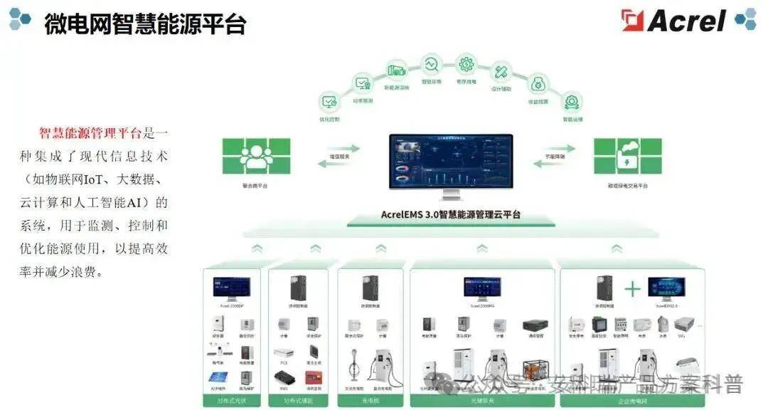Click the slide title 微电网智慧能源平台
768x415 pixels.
tap(145, 23)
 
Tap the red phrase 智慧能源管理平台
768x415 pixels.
tap(90, 133)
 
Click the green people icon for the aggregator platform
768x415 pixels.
tap(256, 156)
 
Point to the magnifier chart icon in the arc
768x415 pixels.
tap(431, 65)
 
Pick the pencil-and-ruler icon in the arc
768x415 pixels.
tap(501, 71)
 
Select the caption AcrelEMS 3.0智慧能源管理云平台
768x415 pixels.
tap(450, 214)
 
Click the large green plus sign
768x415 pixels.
tap(632, 289)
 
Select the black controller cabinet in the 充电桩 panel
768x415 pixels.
tap(370, 288)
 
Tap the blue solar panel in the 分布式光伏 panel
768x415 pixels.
tap(217, 377)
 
